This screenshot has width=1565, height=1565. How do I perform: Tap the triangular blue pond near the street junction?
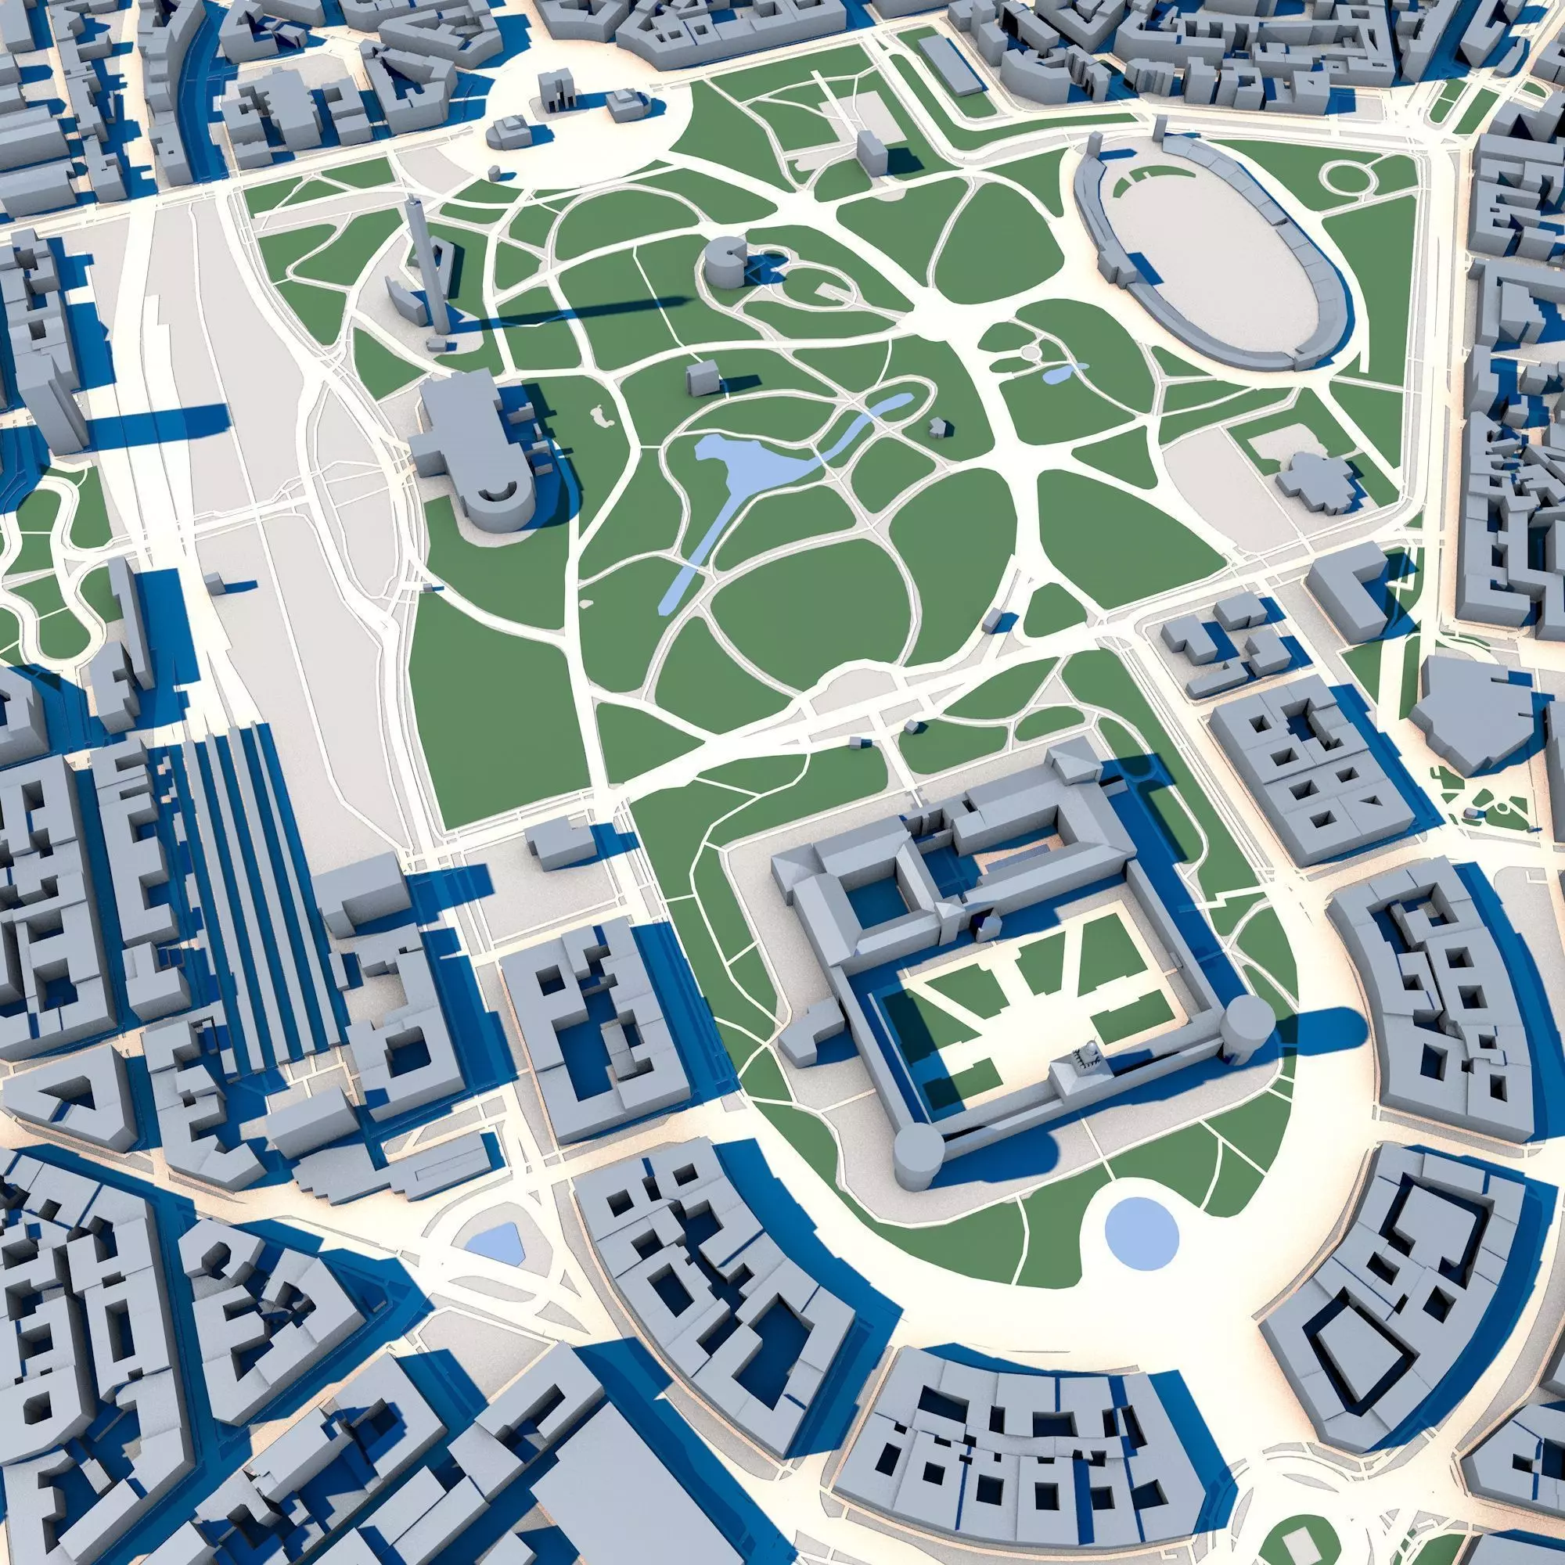[495, 1240]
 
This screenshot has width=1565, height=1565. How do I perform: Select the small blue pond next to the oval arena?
[1061, 373]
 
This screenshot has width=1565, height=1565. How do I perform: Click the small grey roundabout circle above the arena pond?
[1031, 353]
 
